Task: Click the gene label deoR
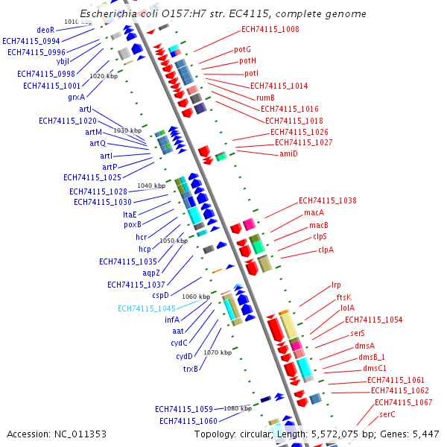click(x=45, y=30)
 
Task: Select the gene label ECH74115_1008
click(x=270, y=29)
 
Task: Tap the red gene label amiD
click(x=288, y=153)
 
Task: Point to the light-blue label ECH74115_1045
click(x=147, y=308)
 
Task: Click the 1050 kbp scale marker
click(x=174, y=241)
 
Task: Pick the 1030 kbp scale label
click(x=127, y=130)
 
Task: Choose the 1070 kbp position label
click(x=218, y=352)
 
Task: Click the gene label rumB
click(x=266, y=98)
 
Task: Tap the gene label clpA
click(x=326, y=250)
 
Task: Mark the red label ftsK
click(x=344, y=297)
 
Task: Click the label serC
click(x=387, y=413)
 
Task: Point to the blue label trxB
click(x=191, y=368)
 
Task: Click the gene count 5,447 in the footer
click(x=426, y=434)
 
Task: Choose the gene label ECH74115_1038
click(x=327, y=200)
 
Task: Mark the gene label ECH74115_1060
click(x=188, y=421)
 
